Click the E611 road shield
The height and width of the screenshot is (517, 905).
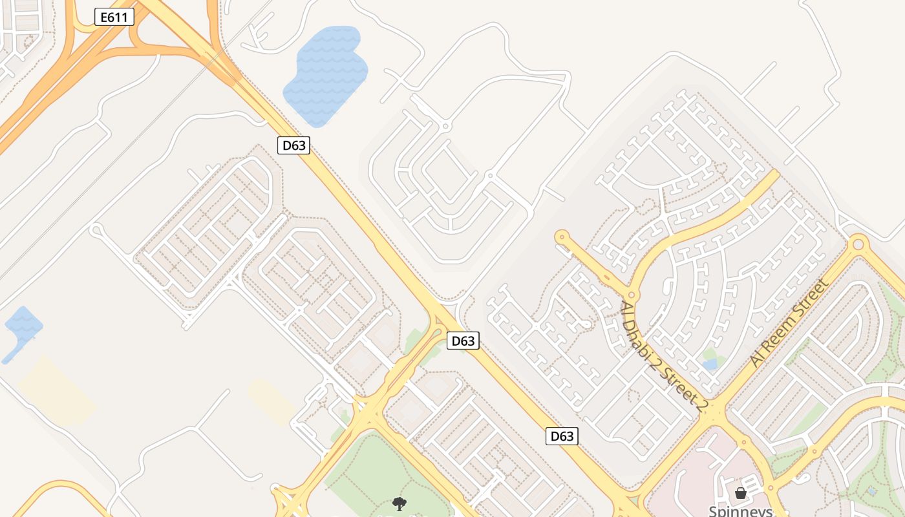coord(114,17)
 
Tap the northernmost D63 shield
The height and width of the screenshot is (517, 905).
coord(294,145)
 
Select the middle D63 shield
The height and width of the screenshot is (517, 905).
coord(463,341)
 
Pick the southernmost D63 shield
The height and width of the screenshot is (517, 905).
coord(561,436)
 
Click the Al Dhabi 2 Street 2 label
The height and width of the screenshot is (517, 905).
coord(665,356)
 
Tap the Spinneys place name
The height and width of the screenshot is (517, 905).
coord(740,511)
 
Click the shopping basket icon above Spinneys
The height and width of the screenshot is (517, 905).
coord(741,493)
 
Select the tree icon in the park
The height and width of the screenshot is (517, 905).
coord(399,503)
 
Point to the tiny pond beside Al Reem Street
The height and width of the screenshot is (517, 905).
coord(710,364)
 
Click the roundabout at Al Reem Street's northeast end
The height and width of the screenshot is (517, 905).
coord(858,244)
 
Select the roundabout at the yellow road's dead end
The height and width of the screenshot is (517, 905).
coord(561,237)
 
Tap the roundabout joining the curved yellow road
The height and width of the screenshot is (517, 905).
coord(632,295)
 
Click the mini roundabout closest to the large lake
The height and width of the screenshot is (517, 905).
coord(445,125)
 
